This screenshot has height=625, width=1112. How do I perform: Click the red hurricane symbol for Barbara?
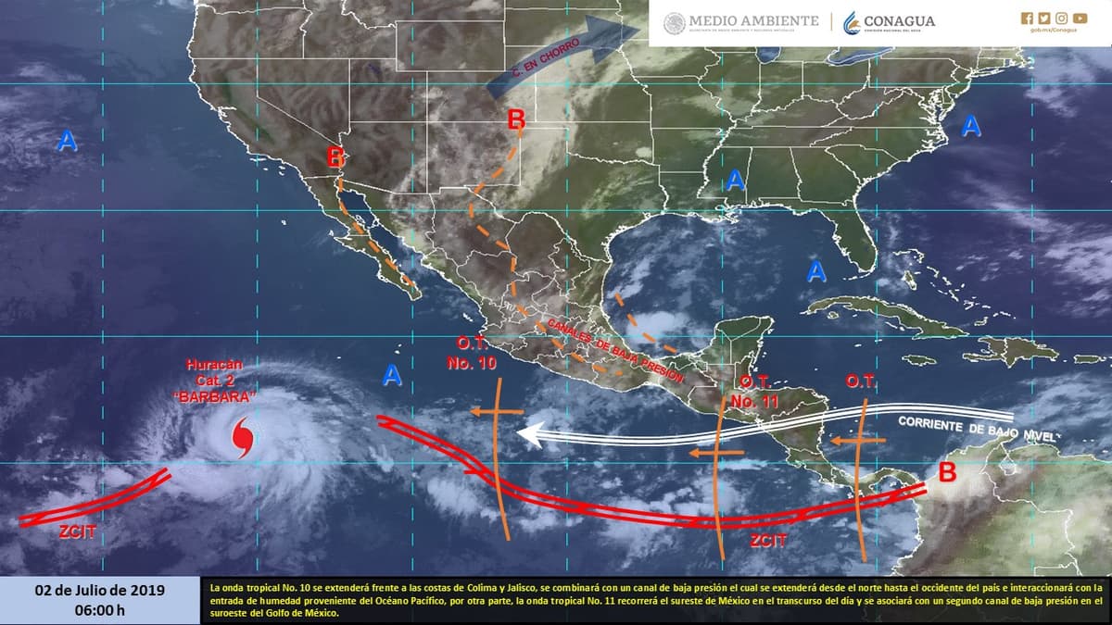(x=243, y=437)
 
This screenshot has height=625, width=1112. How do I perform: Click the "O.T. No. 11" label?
(x=752, y=393)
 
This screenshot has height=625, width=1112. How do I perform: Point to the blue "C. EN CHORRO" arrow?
(x=565, y=53)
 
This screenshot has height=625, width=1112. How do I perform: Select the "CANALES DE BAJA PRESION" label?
(x=613, y=351)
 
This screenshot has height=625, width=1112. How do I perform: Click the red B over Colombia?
(x=947, y=472)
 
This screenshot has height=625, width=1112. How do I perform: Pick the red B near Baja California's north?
(x=336, y=157)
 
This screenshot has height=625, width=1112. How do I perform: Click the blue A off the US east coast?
(x=970, y=125)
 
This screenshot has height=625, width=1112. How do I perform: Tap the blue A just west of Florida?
(x=815, y=271)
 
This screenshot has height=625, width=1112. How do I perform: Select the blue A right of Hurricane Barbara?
(x=392, y=375)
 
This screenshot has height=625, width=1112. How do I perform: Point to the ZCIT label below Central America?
(x=769, y=541)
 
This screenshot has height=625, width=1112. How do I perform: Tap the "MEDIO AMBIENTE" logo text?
(x=741, y=21)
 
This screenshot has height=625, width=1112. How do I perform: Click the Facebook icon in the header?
(x=1026, y=18)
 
